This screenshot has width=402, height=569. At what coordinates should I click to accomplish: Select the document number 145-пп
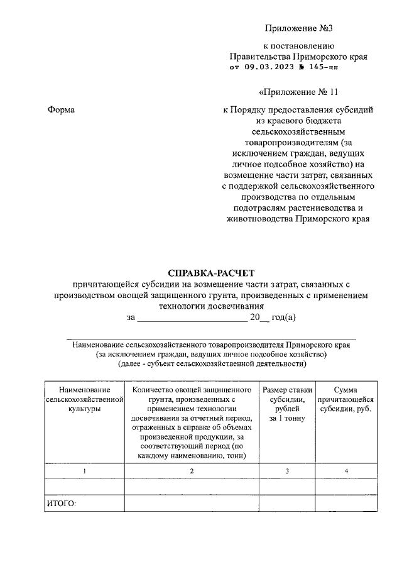(x=323, y=68)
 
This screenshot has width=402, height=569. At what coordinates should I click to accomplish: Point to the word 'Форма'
(x=62, y=110)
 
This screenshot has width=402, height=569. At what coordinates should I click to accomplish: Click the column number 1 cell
(x=84, y=471)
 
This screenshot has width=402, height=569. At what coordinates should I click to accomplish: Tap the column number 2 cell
(x=192, y=471)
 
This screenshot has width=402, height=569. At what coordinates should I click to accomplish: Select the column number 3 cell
(x=287, y=471)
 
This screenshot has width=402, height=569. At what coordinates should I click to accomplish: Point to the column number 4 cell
(x=345, y=471)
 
